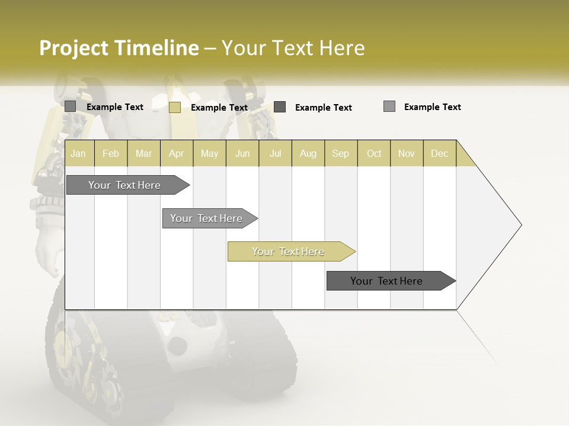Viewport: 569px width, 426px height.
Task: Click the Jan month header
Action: [x=78, y=153]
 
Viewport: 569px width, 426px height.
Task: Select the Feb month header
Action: [x=111, y=153]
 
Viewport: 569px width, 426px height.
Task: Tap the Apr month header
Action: [x=177, y=153]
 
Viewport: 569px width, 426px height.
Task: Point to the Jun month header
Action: [x=242, y=153]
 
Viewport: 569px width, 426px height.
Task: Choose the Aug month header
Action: [x=308, y=153]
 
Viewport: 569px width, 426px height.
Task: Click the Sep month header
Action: [x=341, y=153]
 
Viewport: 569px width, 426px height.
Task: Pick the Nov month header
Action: [x=407, y=153]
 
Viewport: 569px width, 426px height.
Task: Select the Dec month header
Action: [x=440, y=153]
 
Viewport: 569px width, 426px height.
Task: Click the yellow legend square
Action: [x=175, y=107]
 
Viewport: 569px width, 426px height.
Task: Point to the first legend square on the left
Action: [x=71, y=106]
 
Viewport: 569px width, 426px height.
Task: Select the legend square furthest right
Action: [x=389, y=106]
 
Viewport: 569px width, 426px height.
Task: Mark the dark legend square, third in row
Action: [x=280, y=107]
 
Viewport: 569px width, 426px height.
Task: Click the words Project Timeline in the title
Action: [x=119, y=48]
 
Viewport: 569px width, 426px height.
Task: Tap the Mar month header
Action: [x=144, y=153]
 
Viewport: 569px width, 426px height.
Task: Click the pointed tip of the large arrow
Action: [x=520, y=225]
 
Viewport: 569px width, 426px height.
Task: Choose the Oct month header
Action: [x=374, y=153]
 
